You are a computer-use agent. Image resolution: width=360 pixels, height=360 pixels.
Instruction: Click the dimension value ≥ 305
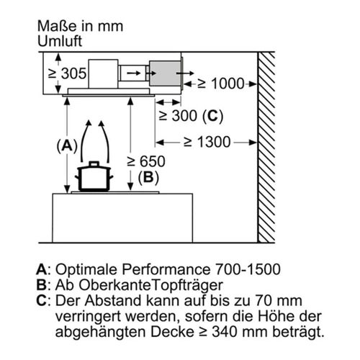click(67, 73)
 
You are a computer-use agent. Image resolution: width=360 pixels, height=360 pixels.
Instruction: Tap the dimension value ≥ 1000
click(221, 84)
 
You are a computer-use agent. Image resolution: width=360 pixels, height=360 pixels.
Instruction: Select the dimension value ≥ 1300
click(207, 142)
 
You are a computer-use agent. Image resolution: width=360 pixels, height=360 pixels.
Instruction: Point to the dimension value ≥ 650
click(146, 161)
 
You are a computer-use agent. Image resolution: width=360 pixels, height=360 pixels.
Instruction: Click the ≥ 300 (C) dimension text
click(192, 116)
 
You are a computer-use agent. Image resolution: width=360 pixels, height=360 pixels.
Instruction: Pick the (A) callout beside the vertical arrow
click(67, 145)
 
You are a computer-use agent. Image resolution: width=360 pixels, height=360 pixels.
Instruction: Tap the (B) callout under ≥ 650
click(148, 178)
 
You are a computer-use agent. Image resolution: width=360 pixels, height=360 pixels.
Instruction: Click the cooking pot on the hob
click(94, 177)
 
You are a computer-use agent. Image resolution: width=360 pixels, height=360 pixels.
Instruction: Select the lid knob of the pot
click(94, 164)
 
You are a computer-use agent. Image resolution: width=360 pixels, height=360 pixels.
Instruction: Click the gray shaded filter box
click(165, 73)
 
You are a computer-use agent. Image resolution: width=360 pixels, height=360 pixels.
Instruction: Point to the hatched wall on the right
click(266, 147)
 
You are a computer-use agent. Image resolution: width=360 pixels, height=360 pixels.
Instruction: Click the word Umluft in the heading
click(60, 41)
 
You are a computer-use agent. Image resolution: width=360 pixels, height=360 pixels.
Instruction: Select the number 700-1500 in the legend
click(248, 269)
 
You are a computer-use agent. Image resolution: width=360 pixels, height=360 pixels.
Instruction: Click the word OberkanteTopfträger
click(151, 285)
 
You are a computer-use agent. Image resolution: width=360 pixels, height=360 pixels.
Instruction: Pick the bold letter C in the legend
click(41, 300)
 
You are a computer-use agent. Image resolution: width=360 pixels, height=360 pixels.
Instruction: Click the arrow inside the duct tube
click(134, 73)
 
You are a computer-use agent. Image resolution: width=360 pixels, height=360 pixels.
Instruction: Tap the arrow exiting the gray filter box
click(185, 73)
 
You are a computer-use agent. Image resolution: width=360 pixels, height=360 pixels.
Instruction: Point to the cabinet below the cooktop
click(122, 218)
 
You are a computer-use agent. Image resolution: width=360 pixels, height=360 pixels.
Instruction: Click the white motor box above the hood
click(104, 73)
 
